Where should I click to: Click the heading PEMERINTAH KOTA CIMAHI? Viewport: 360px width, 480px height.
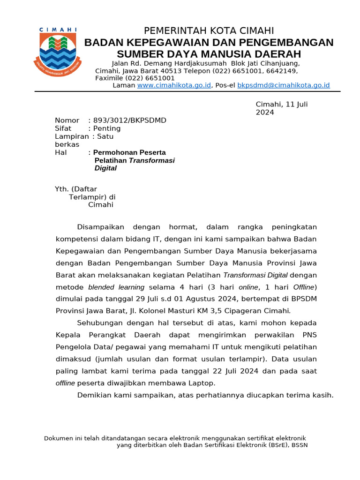coord(209,31)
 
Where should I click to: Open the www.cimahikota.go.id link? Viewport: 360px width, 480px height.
coord(174,85)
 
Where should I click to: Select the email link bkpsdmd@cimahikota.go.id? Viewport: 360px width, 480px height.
coord(284,85)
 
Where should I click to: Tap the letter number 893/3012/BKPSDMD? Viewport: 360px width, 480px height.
coord(130,120)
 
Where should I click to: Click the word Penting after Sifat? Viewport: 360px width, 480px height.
coord(107,128)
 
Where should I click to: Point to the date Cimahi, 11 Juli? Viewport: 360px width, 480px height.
coord(281,105)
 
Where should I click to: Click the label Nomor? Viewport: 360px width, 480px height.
coord(67,120)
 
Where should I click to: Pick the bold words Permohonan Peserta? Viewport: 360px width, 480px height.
coord(129,152)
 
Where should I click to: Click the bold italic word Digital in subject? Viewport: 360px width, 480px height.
coord(105,168)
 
